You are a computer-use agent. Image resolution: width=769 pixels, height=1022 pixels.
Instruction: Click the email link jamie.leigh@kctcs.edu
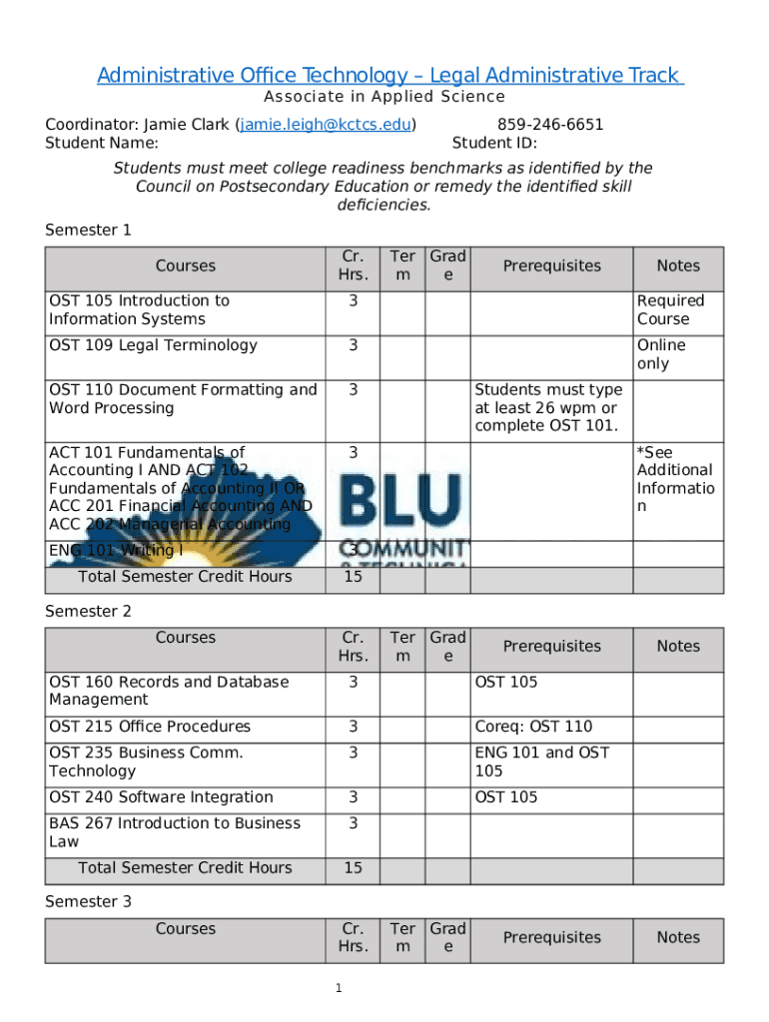point(326,125)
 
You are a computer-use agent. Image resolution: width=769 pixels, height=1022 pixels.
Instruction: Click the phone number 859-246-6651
point(550,125)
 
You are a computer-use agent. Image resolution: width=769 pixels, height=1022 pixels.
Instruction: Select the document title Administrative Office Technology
point(389,76)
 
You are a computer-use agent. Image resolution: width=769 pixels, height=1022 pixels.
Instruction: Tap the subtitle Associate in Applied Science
point(384,97)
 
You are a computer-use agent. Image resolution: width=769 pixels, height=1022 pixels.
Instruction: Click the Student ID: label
point(494,143)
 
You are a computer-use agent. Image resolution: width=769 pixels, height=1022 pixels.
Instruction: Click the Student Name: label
point(102,143)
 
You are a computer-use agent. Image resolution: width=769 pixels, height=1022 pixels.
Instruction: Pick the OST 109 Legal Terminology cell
point(153,345)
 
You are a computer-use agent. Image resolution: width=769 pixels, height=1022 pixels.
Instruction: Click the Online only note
point(661,354)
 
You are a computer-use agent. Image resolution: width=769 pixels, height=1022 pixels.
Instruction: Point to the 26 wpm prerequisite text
point(547,408)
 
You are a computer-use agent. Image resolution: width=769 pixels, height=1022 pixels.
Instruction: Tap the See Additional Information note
point(675,479)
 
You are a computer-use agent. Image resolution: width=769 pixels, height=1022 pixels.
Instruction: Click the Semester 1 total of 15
point(353,577)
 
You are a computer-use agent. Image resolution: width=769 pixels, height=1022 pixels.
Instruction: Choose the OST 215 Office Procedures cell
point(150,727)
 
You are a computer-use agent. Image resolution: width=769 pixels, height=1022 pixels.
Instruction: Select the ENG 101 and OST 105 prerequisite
point(541,762)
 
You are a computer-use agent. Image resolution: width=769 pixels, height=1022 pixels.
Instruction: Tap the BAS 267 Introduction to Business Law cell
point(174,832)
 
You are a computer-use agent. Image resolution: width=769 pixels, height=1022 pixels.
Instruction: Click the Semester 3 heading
point(88,901)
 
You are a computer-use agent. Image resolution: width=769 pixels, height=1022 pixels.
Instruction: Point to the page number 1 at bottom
point(340,988)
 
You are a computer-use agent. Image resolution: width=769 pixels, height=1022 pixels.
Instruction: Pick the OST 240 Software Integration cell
point(161,796)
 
